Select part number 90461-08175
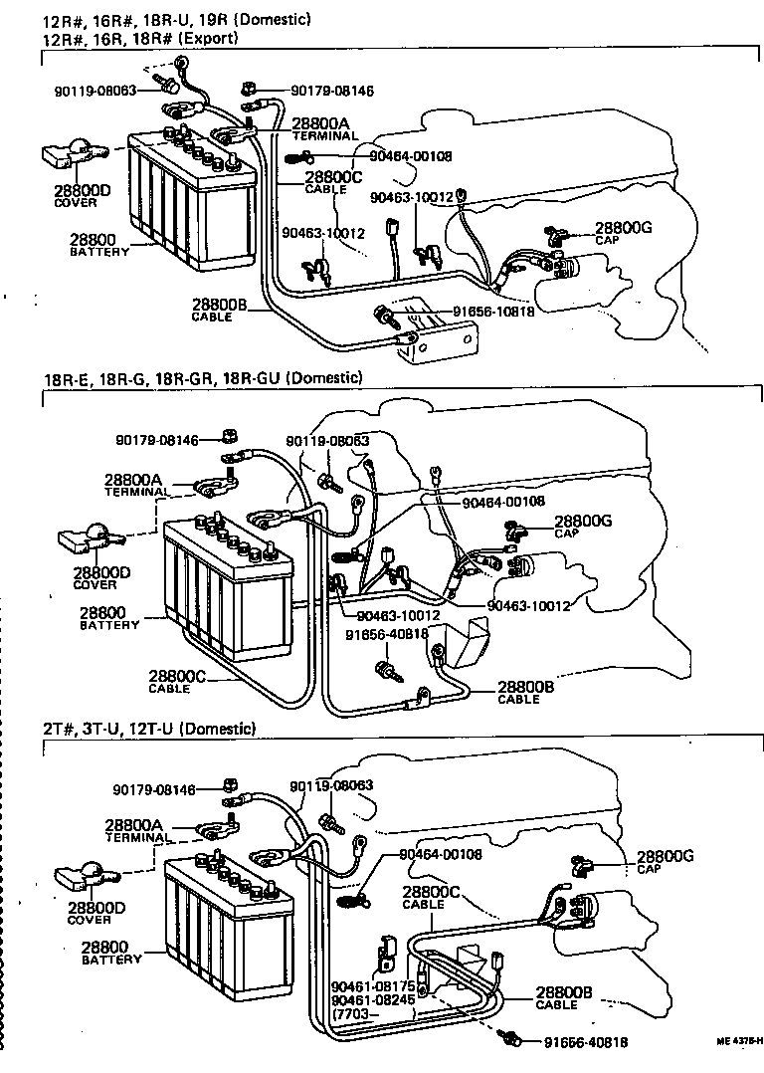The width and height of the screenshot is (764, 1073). click(373, 986)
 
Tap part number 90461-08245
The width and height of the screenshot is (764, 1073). click(373, 1000)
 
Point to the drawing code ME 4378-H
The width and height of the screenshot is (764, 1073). click(738, 1041)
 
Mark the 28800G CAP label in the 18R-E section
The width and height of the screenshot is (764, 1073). click(582, 525)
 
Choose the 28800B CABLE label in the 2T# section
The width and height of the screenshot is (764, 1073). click(563, 997)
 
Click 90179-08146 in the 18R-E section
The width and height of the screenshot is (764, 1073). click(156, 438)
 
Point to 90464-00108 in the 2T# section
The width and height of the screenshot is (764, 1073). click(440, 854)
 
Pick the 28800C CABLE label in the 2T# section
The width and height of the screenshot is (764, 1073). click(430, 898)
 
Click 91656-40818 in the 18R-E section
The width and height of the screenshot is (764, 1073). click(387, 634)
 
